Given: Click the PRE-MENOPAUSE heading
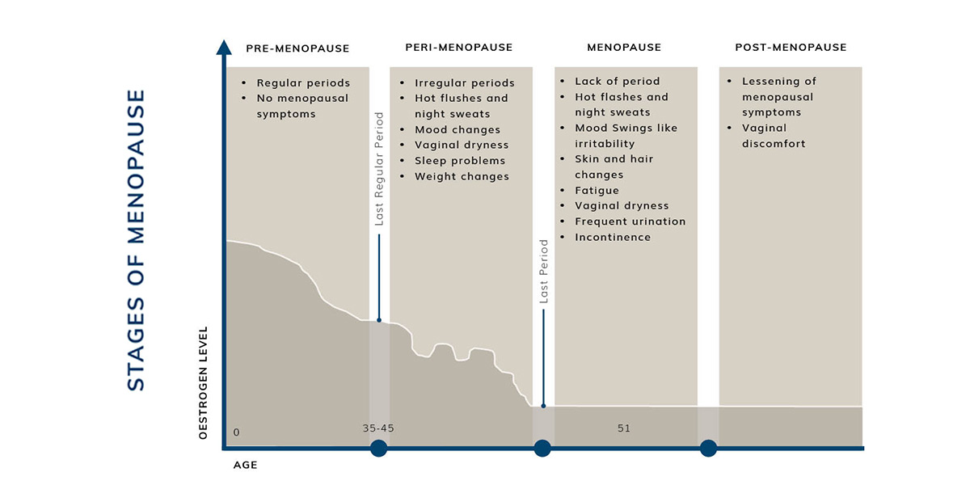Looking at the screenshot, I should pos(297,48).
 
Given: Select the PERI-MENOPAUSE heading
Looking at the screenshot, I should pos(458,48).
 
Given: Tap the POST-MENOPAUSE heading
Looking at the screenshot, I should pos(791,48).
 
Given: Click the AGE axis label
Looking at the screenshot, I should pos(245,466).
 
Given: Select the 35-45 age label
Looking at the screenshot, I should pos(378,428).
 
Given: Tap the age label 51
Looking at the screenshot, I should pos(623,428).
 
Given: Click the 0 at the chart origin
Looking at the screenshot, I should pos(236,432).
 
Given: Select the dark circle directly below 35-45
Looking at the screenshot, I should pos(378,448).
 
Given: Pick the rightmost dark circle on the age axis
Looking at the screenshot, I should pos(708,448).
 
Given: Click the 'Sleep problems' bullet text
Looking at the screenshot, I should pos(459,161).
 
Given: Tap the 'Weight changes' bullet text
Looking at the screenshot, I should pos(462,176).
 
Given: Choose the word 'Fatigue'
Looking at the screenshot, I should pos(597,191).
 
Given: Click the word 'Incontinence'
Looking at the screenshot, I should pos(612,238).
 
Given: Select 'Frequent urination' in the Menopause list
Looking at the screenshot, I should pos(630,221).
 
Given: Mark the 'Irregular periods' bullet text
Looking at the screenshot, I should pos(464,82).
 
